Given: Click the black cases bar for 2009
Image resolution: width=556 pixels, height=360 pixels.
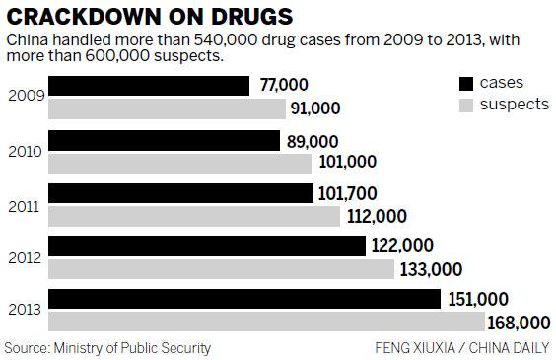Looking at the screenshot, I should pyautogui.click(x=149, y=86).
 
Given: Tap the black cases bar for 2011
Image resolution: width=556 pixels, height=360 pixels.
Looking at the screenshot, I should pyautogui.click(x=181, y=192).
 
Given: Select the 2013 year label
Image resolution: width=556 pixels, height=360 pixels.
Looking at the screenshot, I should pyautogui.click(x=23, y=310).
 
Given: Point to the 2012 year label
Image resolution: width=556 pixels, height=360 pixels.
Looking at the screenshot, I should pyautogui.click(x=23, y=257).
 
